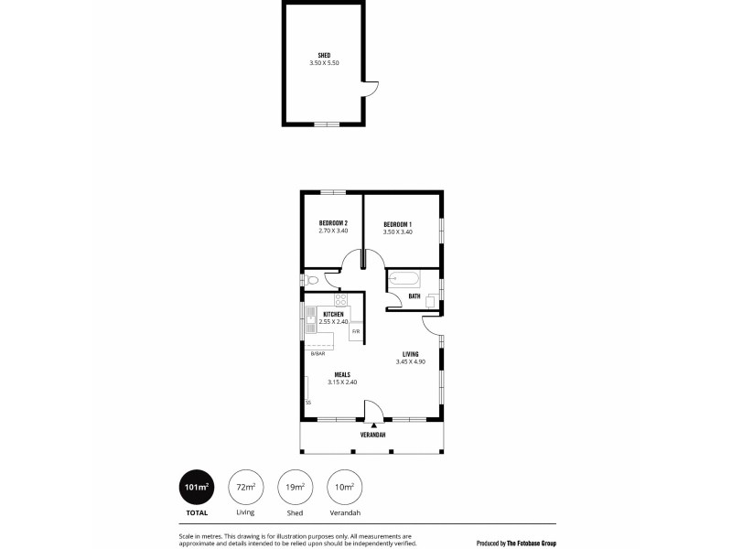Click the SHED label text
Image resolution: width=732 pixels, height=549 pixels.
(324, 56)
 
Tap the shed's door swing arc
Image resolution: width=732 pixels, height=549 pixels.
(370, 88)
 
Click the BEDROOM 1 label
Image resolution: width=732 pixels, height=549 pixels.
(397, 224)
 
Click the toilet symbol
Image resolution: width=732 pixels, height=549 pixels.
(311, 280)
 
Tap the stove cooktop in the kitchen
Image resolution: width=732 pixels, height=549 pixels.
(340, 298)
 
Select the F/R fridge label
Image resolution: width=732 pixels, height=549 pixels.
(356, 330)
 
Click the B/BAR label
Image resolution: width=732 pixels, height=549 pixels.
(318, 353)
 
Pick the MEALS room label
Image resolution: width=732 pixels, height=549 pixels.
(342, 374)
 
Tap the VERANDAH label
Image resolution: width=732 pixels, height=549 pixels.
(372, 435)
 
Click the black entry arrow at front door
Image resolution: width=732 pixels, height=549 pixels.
(373, 425)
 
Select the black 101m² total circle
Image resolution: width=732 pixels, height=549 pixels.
(197, 487)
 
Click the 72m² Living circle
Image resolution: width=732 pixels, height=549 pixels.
(245, 487)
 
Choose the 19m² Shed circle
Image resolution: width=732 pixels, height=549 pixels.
(295, 487)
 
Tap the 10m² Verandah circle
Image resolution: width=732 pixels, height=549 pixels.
(344, 487)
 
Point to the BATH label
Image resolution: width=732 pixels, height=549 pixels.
(414, 296)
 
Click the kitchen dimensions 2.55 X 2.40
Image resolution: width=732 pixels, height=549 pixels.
(333, 321)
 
